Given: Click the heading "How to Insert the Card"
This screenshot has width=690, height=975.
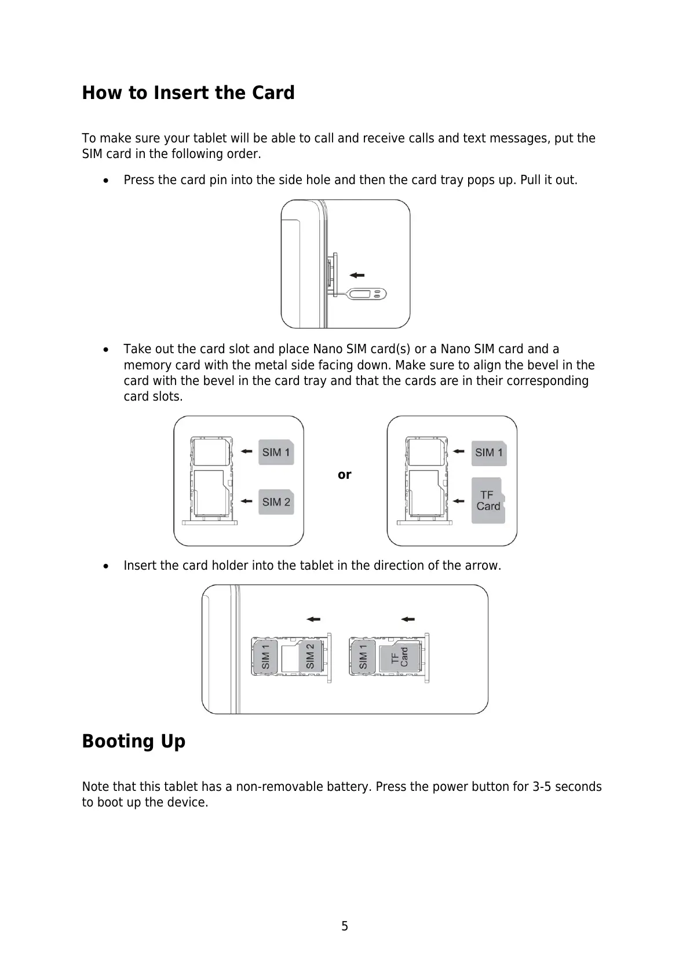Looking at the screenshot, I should point(188,93).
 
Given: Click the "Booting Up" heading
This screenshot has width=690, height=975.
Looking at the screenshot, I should point(134,741).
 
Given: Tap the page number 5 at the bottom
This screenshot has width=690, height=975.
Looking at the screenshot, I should point(345,926).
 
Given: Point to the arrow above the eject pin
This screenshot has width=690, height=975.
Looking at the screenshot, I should point(357,276).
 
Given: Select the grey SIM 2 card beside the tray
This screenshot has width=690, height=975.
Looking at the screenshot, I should point(276,501).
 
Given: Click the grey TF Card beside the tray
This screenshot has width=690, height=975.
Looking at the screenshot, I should point(488,501).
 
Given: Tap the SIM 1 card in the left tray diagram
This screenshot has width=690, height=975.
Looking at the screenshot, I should point(276,452).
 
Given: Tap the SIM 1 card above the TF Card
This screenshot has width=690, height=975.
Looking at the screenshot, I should point(489,452).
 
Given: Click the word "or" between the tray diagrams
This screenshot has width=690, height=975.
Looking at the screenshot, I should point(345,475).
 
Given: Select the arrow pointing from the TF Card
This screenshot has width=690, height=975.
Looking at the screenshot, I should point(459,500).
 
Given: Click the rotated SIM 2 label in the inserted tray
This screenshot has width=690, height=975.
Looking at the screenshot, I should point(310,656).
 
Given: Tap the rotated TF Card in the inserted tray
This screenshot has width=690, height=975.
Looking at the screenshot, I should point(399,658).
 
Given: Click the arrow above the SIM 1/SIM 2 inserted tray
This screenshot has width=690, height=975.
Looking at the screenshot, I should point(313,619).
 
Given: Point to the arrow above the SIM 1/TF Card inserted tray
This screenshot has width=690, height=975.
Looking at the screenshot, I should point(408,619).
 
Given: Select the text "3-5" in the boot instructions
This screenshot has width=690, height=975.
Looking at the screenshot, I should point(542,787).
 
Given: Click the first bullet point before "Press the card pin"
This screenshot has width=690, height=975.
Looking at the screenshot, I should point(105,181).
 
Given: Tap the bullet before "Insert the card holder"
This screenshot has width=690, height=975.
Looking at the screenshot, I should point(105,566).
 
